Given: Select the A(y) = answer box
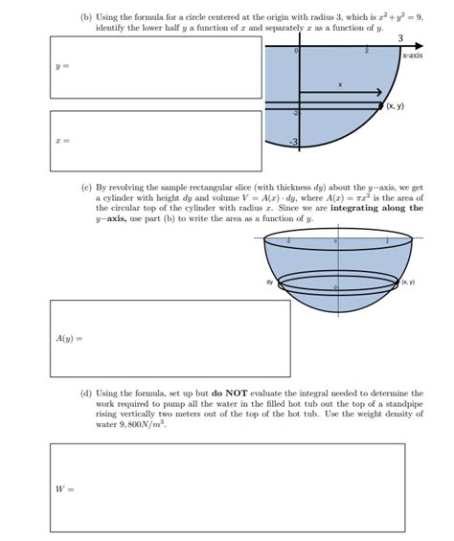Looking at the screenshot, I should (x=170, y=338).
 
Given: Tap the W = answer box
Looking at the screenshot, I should (x=236, y=488).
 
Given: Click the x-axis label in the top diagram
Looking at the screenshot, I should (x=412, y=56).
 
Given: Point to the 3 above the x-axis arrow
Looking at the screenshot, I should (x=399, y=37).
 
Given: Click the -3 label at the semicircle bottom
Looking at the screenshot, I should (x=295, y=143).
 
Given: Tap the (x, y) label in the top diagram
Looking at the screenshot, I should (x=395, y=106).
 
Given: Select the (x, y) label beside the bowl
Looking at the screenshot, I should (x=408, y=282).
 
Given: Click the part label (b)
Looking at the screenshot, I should (x=87, y=18).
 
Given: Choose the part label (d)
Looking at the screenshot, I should (x=87, y=393).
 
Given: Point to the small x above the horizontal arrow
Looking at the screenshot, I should (x=339, y=85).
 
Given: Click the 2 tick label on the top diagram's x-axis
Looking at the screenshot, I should (x=366, y=50).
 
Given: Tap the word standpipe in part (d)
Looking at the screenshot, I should (x=403, y=403).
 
